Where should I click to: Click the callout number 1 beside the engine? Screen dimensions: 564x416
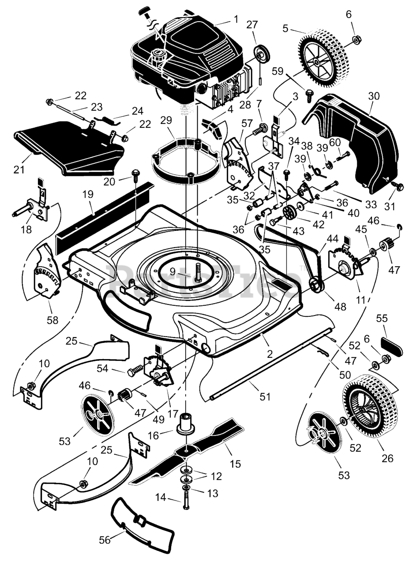tap(236, 19)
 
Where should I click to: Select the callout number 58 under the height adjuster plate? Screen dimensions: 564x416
tap(52, 320)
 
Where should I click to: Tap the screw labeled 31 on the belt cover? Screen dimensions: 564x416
tap(398, 186)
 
